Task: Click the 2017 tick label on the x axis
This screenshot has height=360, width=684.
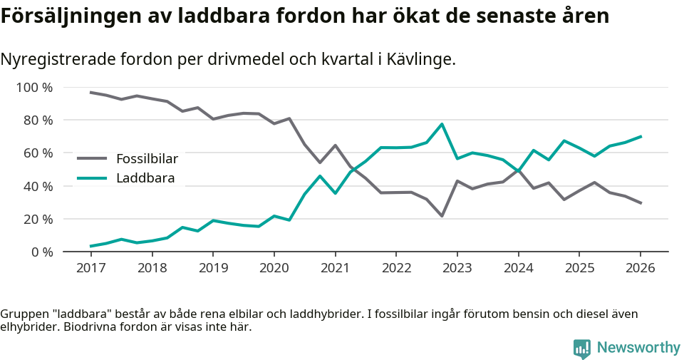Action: point(90,268)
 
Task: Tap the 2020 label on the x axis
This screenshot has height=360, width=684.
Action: point(274,268)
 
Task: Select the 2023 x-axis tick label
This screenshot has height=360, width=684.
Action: point(457,268)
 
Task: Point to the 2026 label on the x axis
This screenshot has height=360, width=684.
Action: point(640,268)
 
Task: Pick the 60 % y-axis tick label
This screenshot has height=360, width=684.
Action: point(38,153)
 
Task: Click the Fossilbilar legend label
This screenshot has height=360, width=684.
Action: point(147,158)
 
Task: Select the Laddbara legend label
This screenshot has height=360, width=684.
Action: point(145,178)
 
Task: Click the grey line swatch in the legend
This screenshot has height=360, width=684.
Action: point(92,158)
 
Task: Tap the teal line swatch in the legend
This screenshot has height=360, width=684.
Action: point(92,178)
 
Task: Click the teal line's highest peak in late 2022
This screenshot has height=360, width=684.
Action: point(442,124)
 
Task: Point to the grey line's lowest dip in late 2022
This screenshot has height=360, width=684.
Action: point(442,215)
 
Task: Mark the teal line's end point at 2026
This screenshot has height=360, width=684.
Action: point(641,136)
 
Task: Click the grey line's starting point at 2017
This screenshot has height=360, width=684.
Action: point(90,92)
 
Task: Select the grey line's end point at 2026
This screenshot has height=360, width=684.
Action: point(641,203)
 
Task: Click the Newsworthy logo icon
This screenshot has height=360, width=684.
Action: point(581,348)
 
